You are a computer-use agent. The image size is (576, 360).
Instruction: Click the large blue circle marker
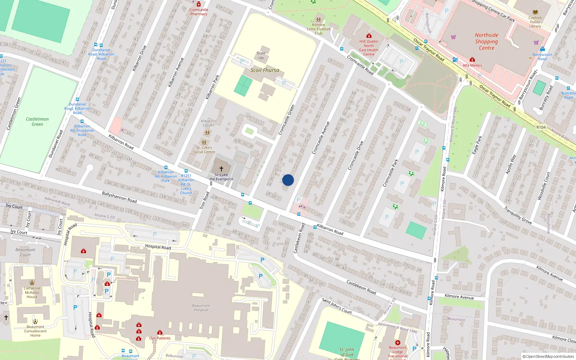288,180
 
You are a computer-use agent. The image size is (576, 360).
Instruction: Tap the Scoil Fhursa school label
265,70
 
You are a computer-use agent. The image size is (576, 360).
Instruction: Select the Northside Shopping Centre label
486,41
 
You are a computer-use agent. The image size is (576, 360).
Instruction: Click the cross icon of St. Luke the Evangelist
221,168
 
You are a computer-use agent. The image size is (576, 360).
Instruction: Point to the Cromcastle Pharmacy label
199,12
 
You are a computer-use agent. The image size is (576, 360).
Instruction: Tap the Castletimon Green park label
37,122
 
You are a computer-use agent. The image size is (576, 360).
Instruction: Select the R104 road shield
541,127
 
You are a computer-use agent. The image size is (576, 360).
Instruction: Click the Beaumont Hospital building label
201,308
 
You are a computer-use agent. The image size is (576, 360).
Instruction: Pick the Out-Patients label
160,338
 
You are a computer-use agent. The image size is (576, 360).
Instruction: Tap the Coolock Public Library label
535,22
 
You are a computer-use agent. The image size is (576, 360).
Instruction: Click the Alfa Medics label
472,66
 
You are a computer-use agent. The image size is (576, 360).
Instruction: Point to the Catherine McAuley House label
32,292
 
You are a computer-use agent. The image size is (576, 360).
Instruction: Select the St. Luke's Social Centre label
204,150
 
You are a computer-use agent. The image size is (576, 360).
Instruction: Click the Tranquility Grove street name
518,215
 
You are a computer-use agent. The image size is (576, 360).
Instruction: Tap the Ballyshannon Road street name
119,197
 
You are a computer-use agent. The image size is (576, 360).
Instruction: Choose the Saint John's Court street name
337,306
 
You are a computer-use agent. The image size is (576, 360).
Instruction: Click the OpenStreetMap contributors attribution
548,356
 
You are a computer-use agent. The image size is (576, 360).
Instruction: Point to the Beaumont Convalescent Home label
35,331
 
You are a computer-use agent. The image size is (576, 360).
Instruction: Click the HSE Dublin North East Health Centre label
369,48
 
